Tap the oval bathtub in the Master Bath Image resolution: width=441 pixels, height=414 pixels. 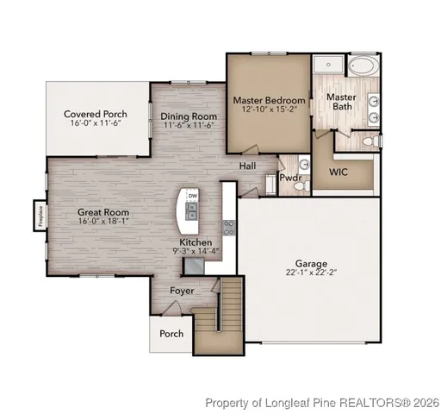362,66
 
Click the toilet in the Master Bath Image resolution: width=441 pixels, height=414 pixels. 367,141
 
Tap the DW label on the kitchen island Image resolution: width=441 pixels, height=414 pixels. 192,196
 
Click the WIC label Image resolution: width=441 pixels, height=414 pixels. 339,172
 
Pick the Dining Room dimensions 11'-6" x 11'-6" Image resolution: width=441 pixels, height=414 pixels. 188,126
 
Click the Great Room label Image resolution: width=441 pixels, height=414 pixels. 103,211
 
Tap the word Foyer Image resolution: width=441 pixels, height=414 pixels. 181,291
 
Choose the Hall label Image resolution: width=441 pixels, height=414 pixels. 248,166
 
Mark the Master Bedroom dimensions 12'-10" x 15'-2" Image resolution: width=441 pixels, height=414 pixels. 270,110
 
